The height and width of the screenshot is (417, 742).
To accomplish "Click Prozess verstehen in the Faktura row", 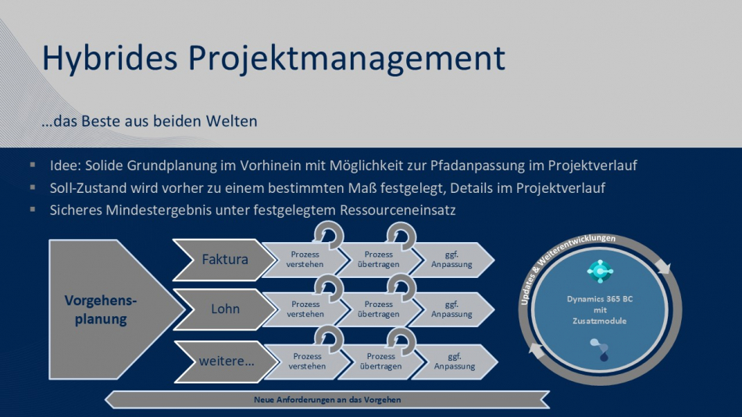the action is [305, 259].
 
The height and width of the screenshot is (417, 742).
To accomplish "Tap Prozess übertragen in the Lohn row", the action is [379, 309].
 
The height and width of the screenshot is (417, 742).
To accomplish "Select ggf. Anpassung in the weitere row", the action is [455, 362].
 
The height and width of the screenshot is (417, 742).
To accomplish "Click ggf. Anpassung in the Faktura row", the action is [451, 259].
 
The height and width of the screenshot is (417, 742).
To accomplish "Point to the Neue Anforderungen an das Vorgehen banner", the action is [327, 400].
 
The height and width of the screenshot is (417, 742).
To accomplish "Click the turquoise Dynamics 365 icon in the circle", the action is [600, 271].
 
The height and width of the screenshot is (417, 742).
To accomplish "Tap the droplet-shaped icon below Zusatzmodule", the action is [600, 350].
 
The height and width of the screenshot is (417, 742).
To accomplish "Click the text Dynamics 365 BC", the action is [600, 299].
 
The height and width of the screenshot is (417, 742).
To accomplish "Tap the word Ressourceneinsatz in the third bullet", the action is [398, 210].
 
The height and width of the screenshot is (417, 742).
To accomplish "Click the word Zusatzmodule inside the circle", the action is [600, 321].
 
